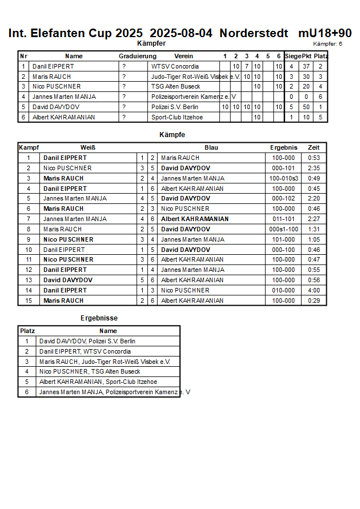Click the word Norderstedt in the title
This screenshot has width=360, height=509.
254,33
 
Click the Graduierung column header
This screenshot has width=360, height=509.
137,56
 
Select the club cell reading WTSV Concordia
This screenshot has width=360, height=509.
175,66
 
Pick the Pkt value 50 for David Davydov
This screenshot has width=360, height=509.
306,107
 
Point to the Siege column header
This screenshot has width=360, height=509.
293,56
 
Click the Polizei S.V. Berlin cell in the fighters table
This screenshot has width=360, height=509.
175,107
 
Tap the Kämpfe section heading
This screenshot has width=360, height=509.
172,135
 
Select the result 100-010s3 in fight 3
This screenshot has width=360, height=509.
284,178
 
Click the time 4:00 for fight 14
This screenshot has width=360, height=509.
314,290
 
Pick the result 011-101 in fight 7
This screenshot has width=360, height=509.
284,219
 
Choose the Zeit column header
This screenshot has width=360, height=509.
314,147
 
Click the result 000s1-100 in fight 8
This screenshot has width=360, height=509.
284,229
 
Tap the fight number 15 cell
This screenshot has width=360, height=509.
29,300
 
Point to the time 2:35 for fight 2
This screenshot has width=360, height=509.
314,168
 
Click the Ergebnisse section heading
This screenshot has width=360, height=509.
99,318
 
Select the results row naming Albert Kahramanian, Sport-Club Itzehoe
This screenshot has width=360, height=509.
98,382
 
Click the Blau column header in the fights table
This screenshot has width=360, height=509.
211,147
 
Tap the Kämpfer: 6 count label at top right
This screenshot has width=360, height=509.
327,44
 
